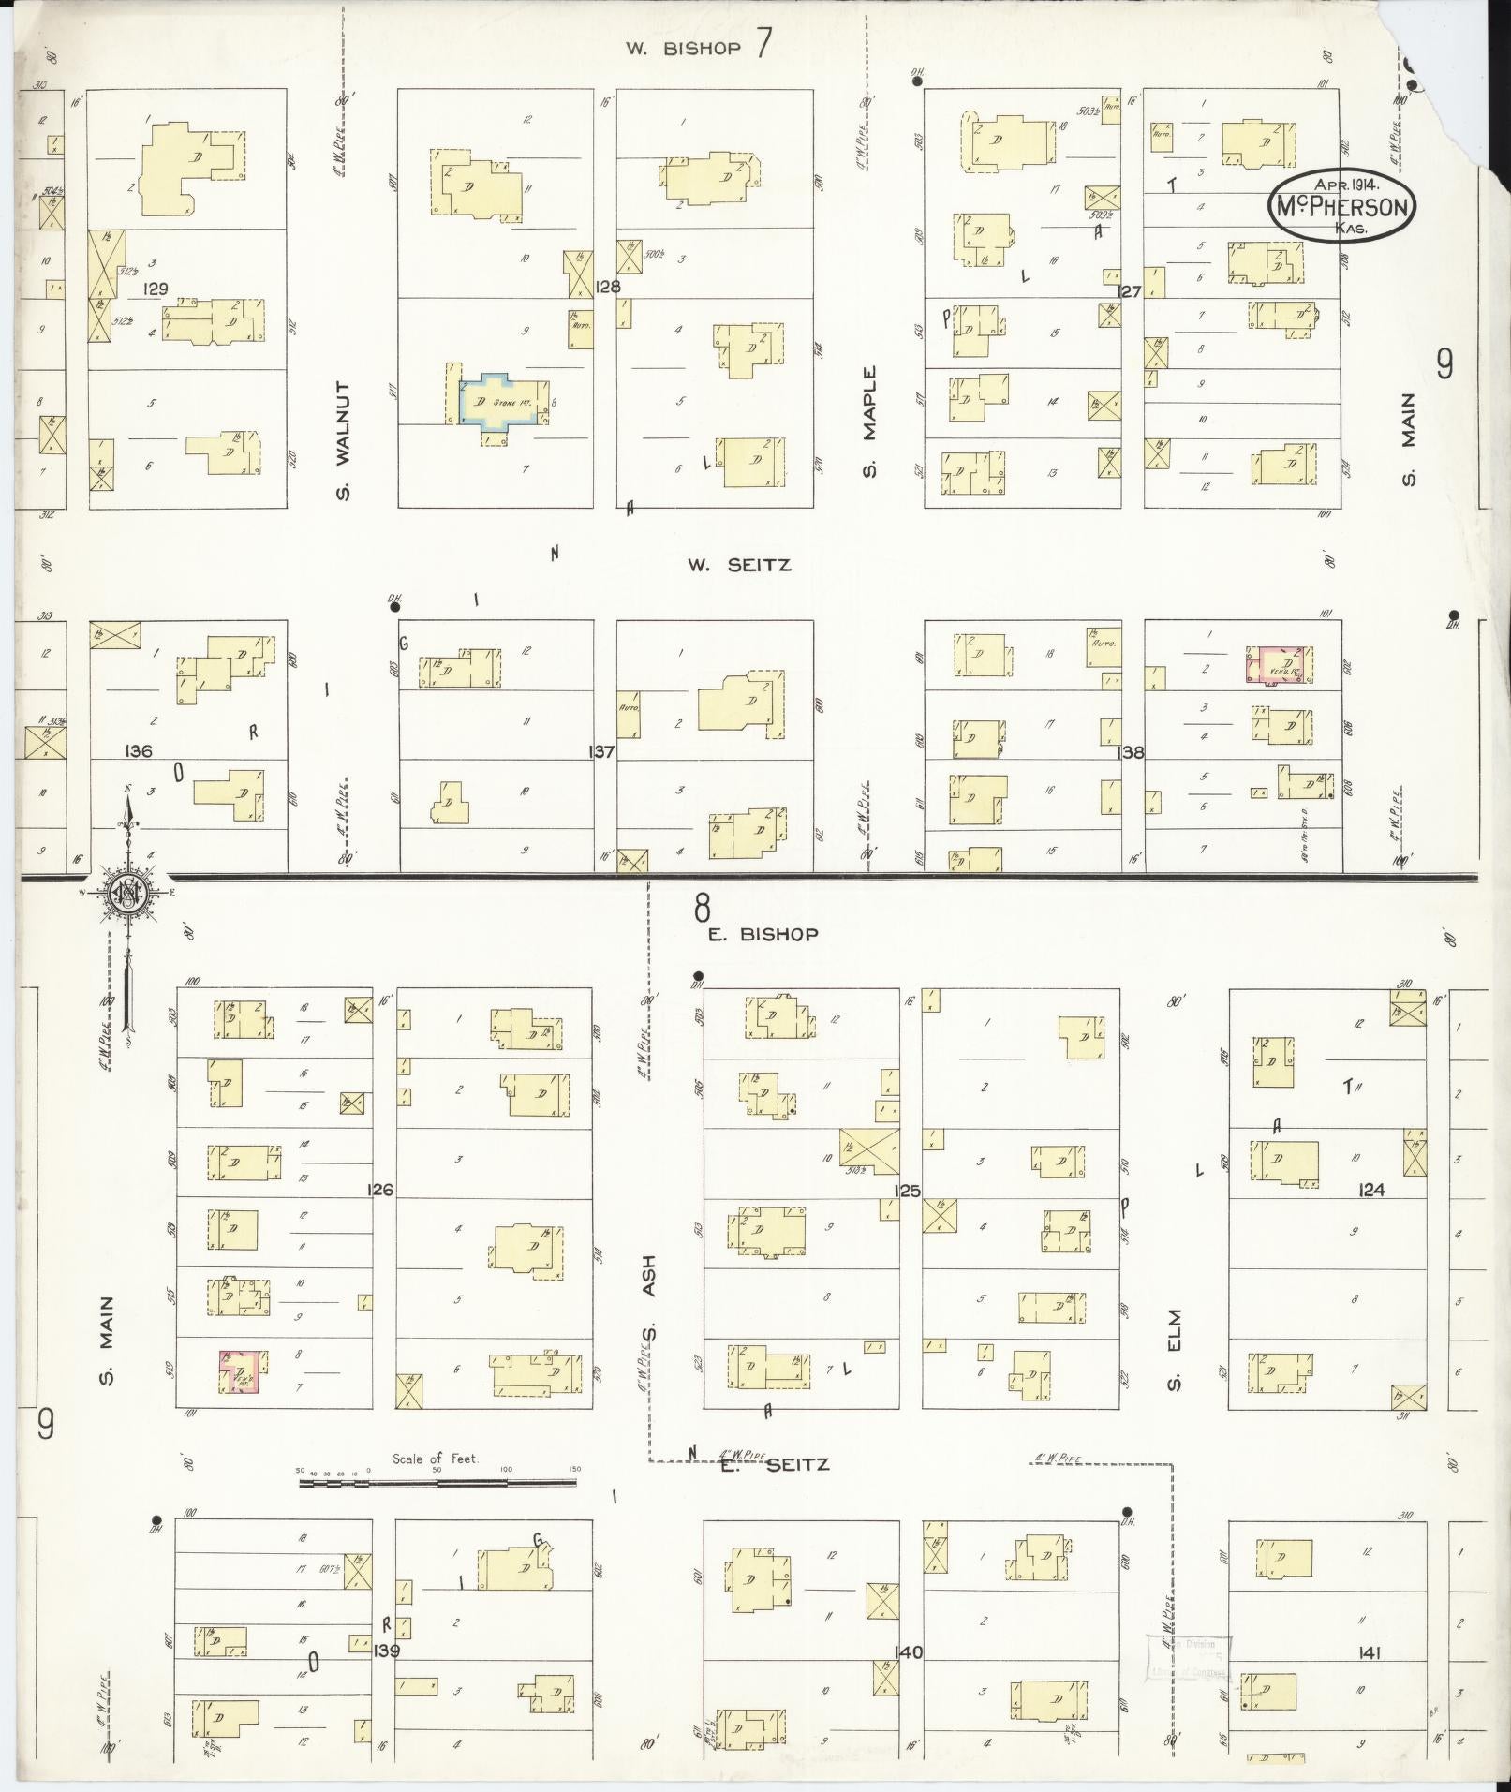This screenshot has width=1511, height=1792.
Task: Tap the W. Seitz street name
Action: tap(739, 565)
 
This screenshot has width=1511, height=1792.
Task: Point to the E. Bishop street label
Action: tap(763, 934)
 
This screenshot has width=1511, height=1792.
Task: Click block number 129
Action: tap(155, 289)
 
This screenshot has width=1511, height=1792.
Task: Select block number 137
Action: tap(600, 751)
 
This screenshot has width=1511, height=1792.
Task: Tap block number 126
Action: tap(380, 1190)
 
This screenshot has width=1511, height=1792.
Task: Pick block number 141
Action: tap(1372, 1653)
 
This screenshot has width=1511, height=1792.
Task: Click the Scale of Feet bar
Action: tap(437, 1482)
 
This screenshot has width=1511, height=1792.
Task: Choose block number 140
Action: tap(908, 1652)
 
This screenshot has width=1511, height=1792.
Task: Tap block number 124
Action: tap(1371, 1190)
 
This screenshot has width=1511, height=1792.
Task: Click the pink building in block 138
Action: tap(1279, 666)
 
